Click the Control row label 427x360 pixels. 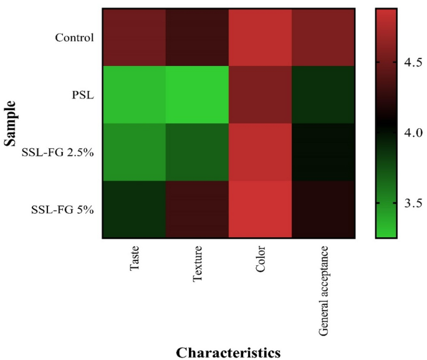pos(74,37)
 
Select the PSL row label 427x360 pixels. pos(83,95)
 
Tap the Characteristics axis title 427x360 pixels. pos(228,352)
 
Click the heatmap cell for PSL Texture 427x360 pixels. pos(198,95)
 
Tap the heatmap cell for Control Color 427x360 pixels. pos(261,37)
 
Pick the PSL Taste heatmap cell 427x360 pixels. pos(135,95)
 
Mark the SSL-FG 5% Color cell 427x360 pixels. pos(261,209)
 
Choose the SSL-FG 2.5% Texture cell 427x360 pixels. pos(198,152)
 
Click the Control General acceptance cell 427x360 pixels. pos(323,37)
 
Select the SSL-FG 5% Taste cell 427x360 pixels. pos(135,209)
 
